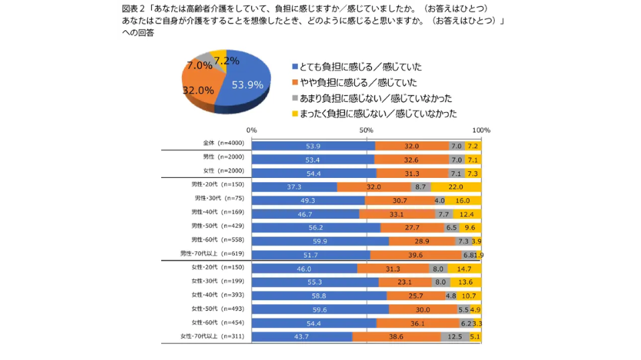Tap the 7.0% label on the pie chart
point(199,66)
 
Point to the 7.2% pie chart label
point(226,61)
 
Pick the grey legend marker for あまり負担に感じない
point(294,98)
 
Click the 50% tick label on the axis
point(366,130)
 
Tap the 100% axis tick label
point(481,130)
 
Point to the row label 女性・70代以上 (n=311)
point(212,336)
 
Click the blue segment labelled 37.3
point(294,187)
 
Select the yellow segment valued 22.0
point(456,187)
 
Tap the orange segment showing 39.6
point(415,255)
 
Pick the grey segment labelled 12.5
point(455,336)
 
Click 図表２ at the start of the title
point(134,9)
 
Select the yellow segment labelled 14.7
point(464,268)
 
